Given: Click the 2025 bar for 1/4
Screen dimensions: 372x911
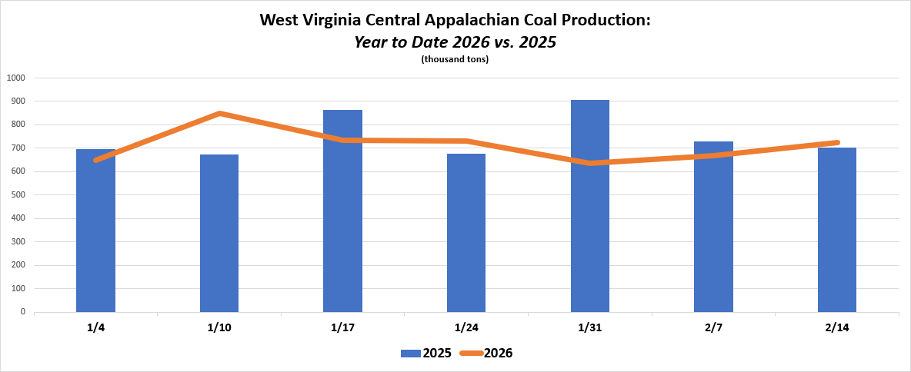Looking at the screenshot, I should tap(95, 231).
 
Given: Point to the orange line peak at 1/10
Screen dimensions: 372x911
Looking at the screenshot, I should tap(220, 114).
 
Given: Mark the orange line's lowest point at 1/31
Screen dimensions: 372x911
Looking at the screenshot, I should tap(590, 163).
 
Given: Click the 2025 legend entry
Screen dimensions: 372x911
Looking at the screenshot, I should tap(426, 354).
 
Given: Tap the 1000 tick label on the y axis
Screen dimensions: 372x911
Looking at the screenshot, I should tap(16, 78).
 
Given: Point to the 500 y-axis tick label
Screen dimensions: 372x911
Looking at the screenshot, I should tap(18, 195).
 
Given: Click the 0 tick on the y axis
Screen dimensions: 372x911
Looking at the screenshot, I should tap(23, 312).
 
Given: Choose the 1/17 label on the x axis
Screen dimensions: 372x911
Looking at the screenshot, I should tap(342, 328).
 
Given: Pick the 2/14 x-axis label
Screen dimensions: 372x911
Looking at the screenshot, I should tap(837, 328).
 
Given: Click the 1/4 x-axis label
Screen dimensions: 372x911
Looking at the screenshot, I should tap(95, 328).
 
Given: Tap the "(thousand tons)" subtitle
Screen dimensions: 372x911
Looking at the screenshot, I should tap(455, 59).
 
